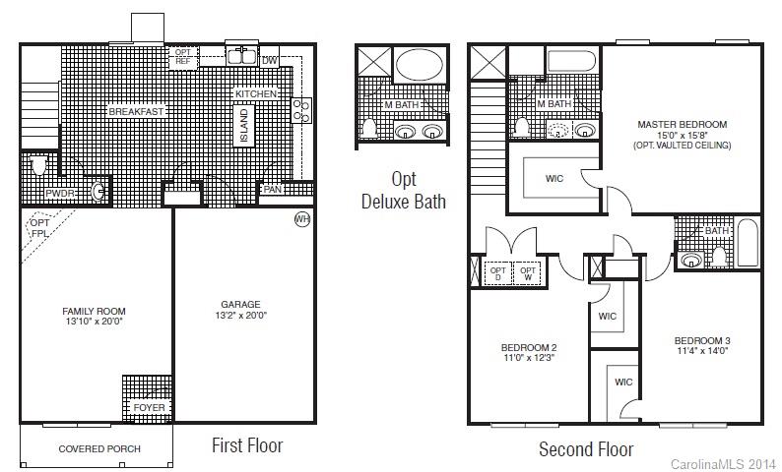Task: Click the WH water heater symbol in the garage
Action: click(x=301, y=218)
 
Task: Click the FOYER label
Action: click(x=150, y=407)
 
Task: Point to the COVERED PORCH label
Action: click(x=99, y=449)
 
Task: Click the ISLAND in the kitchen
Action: click(x=244, y=126)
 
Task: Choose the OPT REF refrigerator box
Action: click(x=182, y=57)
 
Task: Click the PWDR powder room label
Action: click(x=59, y=194)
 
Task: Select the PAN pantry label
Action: click(x=274, y=190)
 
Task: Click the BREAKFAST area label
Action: click(x=136, y=112)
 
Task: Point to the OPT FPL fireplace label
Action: click(x=40, y=229)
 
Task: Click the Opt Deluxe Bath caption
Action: click(x=403, y=191)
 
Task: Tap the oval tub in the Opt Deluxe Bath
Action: click(x=421, y=67)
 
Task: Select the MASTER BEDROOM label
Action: click(x=682, y=125)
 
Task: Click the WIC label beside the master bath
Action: click(x=554, y=178)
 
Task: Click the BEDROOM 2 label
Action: click(x=529, y=348)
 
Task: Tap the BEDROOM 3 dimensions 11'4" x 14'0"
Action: click(x=702, y=351)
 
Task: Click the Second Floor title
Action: click(x=586, y=449)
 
